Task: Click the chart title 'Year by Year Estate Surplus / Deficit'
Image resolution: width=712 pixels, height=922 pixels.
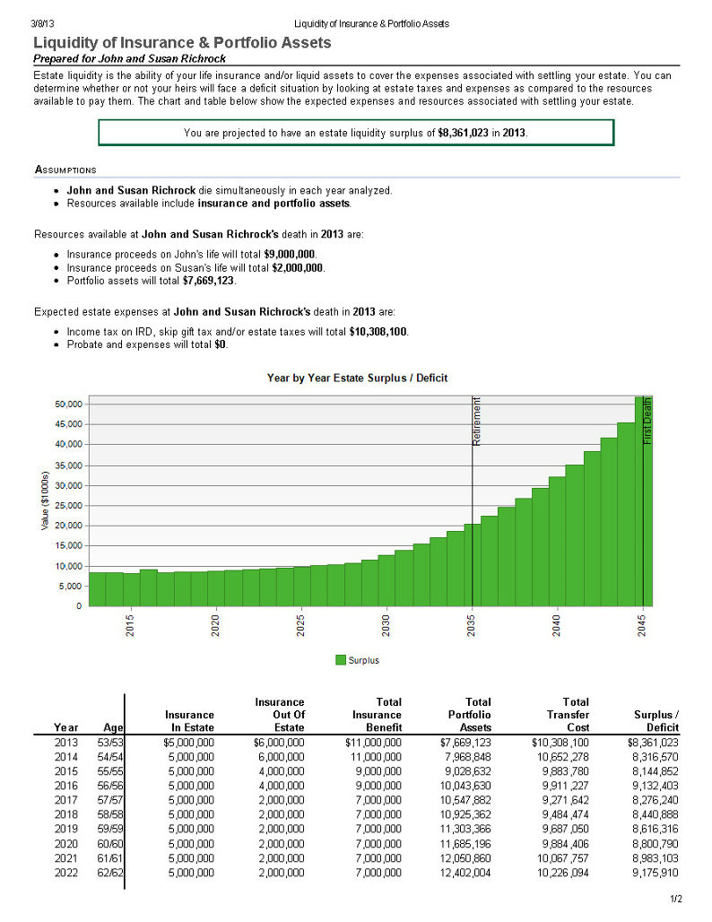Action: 357,378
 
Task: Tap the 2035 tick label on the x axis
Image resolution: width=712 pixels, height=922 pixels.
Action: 472,625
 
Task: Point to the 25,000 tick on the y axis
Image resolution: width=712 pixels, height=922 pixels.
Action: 68,506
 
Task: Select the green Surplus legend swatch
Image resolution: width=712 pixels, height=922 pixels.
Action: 341,660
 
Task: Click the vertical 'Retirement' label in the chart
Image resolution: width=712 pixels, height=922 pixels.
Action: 477,421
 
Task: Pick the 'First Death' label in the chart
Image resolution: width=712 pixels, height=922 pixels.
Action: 647,421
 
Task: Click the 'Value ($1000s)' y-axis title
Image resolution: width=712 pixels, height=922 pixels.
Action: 45,500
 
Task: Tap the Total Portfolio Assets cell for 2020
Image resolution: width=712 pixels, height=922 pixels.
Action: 465,844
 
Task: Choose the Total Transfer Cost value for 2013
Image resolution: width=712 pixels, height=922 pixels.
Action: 560,743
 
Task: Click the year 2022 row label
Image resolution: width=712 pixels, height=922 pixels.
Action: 65,873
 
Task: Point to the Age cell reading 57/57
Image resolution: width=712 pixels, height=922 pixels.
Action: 110,800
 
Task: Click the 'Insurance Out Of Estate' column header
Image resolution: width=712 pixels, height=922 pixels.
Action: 279,715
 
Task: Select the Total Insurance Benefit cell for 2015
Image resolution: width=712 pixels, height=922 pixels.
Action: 378,771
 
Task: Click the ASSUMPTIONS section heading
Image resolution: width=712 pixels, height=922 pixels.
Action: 65,170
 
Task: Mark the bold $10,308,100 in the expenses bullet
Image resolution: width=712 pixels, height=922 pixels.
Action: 378,332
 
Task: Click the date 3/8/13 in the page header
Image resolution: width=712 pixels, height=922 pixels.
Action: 42,23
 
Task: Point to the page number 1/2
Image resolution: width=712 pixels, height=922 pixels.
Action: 676,899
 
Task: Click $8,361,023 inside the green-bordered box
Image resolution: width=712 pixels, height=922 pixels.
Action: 463,133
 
